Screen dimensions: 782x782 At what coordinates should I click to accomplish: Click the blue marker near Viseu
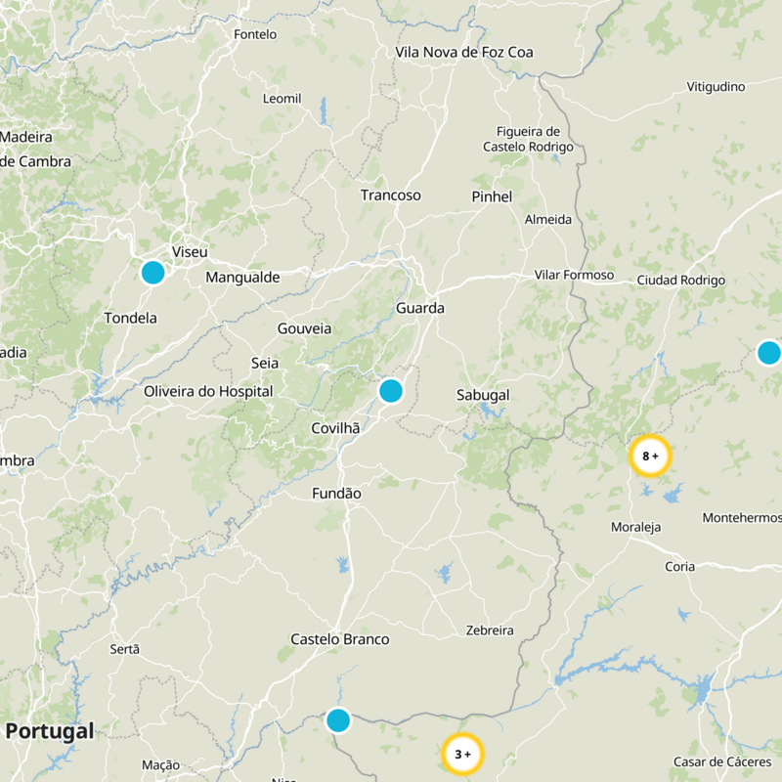point(152,272)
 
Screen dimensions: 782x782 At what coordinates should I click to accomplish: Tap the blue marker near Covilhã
point(390,391)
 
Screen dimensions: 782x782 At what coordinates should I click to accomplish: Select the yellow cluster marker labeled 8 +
point(650,456)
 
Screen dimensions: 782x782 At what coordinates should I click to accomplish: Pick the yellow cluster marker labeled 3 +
point(462,754)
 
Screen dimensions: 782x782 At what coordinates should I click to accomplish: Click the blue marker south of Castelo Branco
point(338,720)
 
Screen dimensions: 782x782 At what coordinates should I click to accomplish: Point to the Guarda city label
point(420,308)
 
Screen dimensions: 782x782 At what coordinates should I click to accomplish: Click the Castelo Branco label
point(340,639)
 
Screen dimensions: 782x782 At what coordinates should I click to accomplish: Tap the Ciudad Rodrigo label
point(680,281)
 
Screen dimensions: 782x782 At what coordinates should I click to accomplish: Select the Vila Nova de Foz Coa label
point(464,52)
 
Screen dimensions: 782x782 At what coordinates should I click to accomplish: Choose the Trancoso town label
point(390,195)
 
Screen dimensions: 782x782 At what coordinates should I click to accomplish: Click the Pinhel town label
point(492,196)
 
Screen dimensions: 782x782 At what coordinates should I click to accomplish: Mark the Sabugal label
point(483,395)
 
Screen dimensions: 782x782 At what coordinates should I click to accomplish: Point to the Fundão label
point(336,494)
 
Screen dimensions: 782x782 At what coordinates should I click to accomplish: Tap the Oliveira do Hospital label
point(208,391)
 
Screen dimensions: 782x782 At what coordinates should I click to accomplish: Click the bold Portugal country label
point(50,731)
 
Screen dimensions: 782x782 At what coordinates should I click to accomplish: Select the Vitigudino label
point(716,87)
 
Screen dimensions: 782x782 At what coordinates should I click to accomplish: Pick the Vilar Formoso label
point(574,276)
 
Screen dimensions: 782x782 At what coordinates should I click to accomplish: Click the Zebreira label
point(490,630)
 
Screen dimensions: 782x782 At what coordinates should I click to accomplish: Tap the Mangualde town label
point(242,278)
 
